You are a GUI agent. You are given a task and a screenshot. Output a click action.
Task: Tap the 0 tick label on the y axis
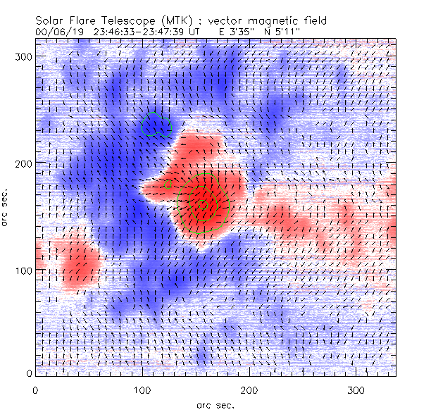[28, 373]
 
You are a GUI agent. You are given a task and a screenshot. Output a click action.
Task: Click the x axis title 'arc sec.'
[215, 405]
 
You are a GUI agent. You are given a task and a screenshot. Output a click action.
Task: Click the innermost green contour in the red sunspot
[204, 205]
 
